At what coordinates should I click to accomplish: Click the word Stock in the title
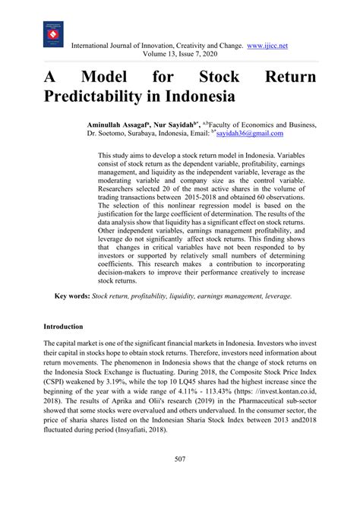click(x=221, y=77)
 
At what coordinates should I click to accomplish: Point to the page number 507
click(x=180, y=480)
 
